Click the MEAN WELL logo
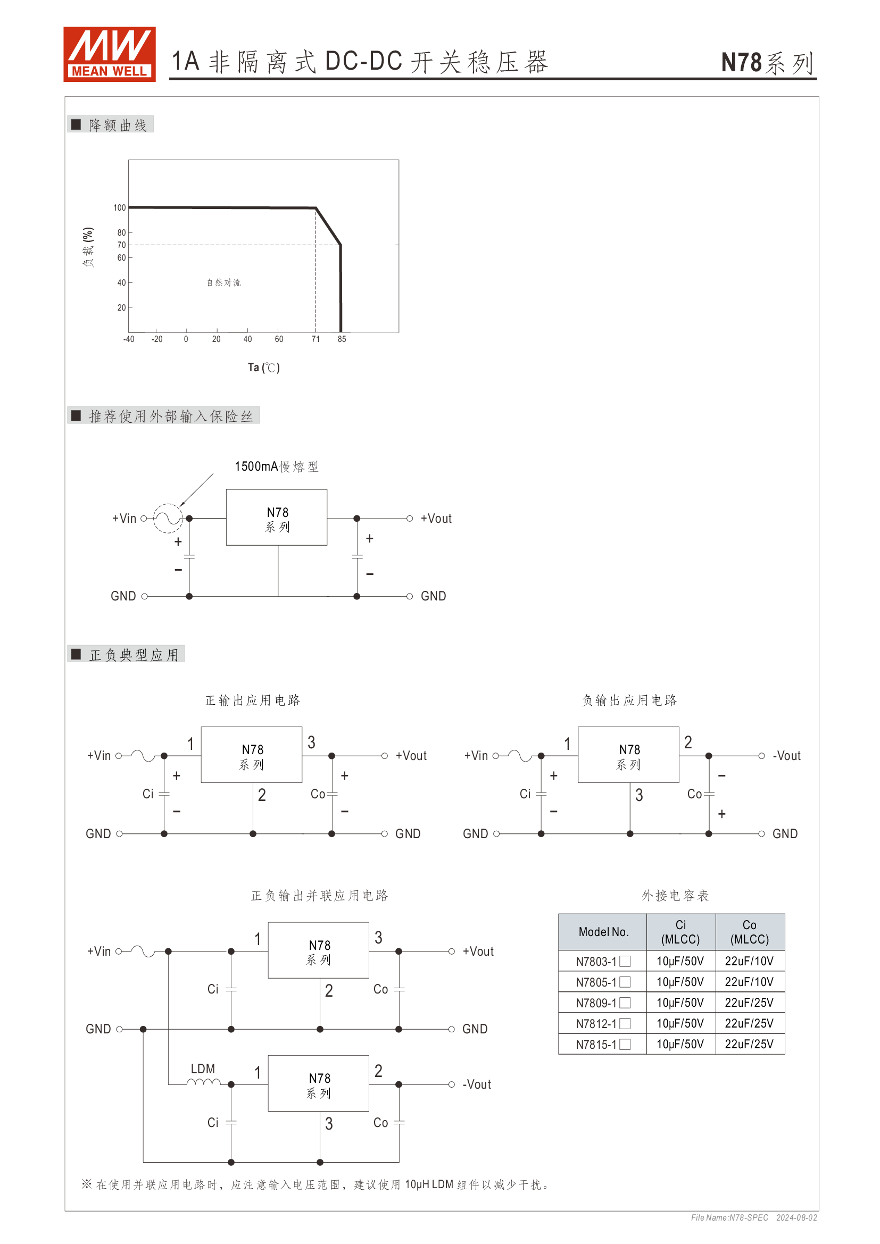coord(110,54)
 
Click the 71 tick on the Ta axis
coord(316,339)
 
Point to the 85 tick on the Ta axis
coord(342,339)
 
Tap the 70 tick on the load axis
coord(121,245)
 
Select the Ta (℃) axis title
coord(264,368)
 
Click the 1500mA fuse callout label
coord(276,466)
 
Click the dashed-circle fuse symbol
coord(168,519)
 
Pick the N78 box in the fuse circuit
coord(276,517)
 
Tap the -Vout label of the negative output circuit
coord(787,756)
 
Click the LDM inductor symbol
coord(204,1083)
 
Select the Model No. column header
coord(603,932)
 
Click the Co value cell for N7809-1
coord(750,1003)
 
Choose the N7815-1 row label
coord(596,1045)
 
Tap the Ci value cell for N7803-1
coord(680,961)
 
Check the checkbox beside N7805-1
coord(625,982)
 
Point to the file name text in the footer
coord(729,1217)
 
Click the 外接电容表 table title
coord(675,896)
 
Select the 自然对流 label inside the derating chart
coord(224,282)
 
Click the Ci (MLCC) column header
coord(680,932)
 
